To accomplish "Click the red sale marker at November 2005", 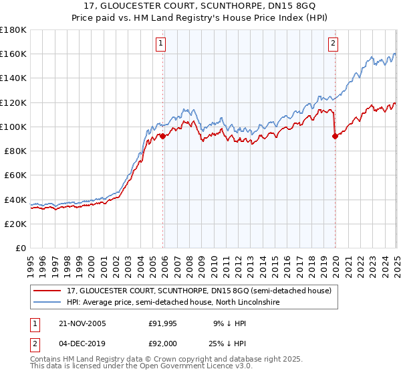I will tap(162, 136).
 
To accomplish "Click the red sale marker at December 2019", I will tap(335, 136).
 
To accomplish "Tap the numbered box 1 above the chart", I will tap(162, 44).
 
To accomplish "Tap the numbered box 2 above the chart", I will tap(333, 44).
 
